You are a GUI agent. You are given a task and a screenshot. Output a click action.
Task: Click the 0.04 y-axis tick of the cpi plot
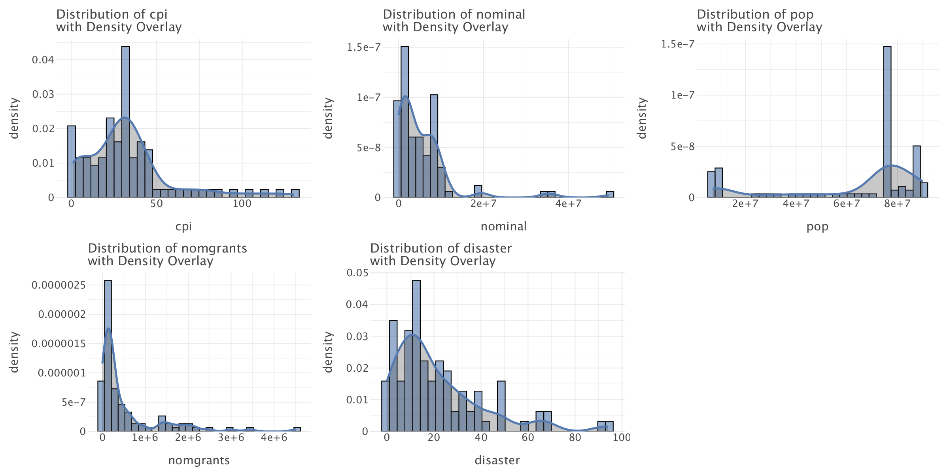[43, 60]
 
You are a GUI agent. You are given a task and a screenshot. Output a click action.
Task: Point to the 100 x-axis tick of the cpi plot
[242, 204]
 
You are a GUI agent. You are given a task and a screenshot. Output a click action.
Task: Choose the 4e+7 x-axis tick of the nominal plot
[568, 204]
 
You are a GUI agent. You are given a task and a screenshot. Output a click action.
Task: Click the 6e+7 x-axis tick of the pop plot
[847, 204]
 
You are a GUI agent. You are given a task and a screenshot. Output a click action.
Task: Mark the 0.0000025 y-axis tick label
[59, 285]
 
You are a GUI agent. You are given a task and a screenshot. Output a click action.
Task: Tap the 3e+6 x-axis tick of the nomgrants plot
[231, 438]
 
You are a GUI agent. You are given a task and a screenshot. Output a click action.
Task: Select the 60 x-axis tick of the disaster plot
[527, 438]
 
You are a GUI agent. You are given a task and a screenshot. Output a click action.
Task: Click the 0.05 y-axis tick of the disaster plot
[357, 273]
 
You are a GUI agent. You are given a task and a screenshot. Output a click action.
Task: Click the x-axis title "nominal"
[503, 226]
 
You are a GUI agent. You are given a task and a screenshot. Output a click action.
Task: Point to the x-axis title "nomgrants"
[199, 460]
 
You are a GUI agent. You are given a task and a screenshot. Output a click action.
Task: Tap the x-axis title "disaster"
[497, 460]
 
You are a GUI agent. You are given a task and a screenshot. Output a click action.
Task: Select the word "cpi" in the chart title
[158, 15]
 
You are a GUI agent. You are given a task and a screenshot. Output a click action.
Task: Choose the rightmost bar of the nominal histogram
[610, 194]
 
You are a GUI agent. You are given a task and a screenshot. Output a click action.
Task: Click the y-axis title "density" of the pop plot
[642, 118]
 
